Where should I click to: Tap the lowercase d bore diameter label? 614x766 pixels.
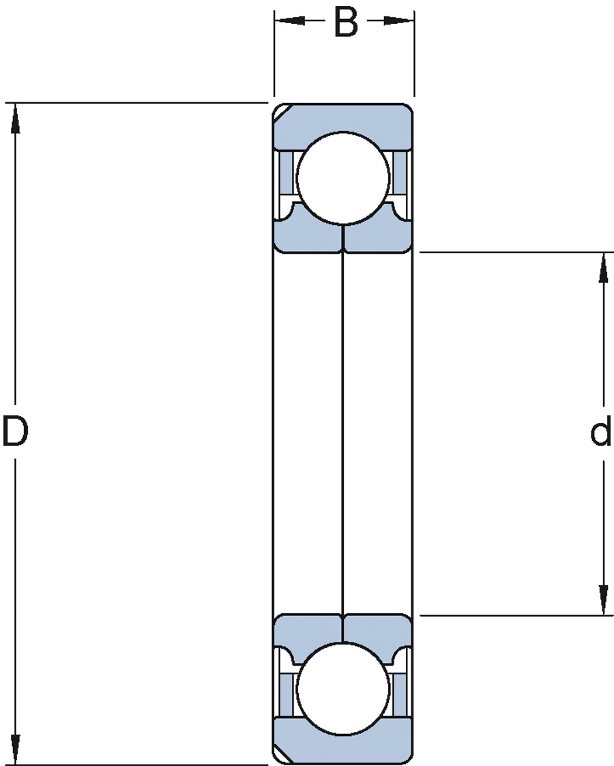click(600, 432)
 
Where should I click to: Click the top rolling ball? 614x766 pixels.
click(343, 177)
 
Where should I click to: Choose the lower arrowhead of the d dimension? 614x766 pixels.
click(603, 600)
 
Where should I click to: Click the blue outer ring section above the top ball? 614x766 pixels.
click(343, 117)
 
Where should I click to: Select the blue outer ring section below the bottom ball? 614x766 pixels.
click(343, 749)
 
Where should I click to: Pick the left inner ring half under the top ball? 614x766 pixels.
click(307, 235)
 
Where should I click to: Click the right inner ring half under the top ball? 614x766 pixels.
click(379, 235)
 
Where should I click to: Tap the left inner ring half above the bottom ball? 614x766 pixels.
click(307, 631)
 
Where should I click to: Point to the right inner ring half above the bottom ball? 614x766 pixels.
click(379, 631)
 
